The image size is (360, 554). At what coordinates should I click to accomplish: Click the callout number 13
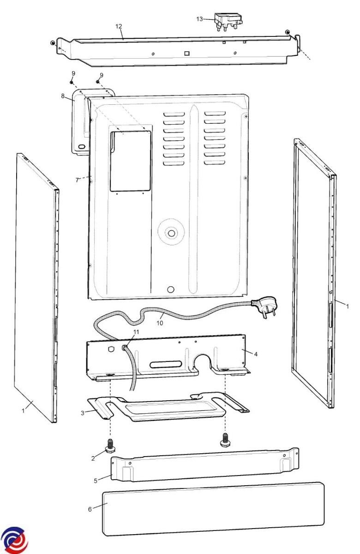[199, 19]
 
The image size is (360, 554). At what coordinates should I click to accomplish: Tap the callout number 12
[119, 26]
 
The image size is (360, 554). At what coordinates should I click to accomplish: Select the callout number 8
[63, 96]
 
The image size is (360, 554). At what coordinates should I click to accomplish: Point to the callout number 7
[77, 180]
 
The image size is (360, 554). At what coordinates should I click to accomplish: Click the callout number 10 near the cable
[160, 323]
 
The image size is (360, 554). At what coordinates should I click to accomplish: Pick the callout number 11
[136, 332]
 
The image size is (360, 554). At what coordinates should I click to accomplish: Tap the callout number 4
[256, 354]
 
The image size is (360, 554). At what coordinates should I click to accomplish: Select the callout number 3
[83, 413]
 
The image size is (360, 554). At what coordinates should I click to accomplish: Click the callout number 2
[93, 458]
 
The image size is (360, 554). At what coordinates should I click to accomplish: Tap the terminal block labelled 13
[228, 22]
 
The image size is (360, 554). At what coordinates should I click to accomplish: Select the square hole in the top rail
[187, 53]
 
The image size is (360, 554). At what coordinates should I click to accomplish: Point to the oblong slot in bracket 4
[165, 364]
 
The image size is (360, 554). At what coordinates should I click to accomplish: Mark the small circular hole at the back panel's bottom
[171, 289]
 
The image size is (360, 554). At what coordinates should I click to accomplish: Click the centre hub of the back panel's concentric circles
[171, 233]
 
